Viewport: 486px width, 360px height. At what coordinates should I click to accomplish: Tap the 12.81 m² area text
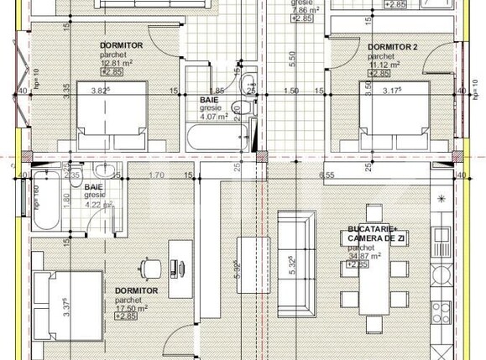pos(118,63)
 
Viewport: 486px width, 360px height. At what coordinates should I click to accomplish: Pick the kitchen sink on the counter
pos(440,274)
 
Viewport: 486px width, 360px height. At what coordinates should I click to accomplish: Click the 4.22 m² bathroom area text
pos(98,203)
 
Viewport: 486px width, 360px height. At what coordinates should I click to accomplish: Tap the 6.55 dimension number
pos(327,175)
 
